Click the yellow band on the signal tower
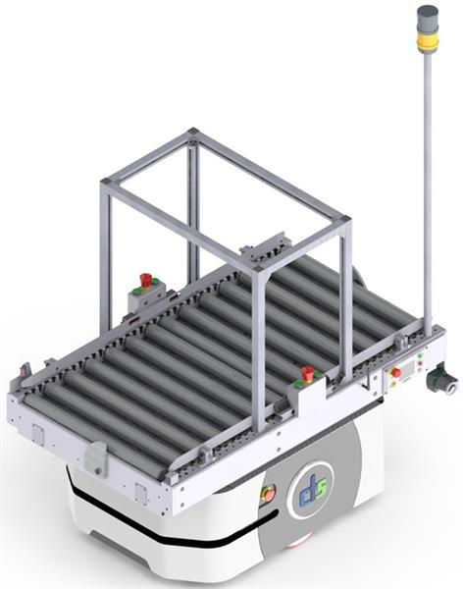click(428, 40)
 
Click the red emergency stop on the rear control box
click(146, 280)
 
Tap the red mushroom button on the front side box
click(308, 374)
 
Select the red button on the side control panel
click(395, 373)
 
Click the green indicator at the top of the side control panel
click(420, 355)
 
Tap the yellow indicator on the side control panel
click(393, 384)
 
